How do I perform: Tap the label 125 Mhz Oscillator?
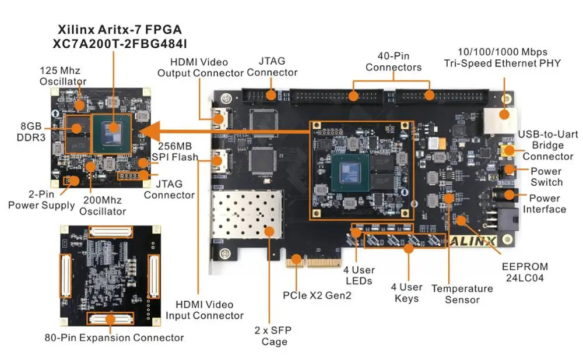62,76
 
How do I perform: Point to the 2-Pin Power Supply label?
41,199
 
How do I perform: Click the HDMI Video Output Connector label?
200,68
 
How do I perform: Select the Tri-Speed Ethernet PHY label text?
502,63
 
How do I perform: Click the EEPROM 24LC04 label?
525,273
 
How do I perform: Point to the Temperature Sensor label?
462,294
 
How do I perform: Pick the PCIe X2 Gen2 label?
317,295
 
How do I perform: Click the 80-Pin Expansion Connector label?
114,338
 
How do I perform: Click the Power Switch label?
546,177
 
